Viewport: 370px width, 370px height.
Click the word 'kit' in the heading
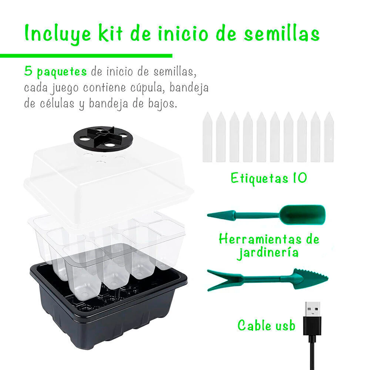coord(110,33)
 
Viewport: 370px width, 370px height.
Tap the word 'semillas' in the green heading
coord(282,33)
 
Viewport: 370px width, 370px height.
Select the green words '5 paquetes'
coord(55,71)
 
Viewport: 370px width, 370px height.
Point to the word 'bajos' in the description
coord(162,104)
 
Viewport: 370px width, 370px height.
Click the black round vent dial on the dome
coord(103,139)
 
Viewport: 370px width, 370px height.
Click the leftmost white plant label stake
coord(207,137)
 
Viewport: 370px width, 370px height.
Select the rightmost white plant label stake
coord(329,137)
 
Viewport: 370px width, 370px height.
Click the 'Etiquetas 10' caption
coord(269,178)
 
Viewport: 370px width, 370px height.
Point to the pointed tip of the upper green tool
coord(208,215)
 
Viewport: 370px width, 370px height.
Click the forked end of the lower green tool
coord(224,280)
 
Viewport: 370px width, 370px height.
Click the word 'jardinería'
coord(268,253)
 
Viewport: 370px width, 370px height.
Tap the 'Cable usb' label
coord(266,325)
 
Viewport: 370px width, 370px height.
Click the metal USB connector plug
coord(312,309)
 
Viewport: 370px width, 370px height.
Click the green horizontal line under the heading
coord(86,56)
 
